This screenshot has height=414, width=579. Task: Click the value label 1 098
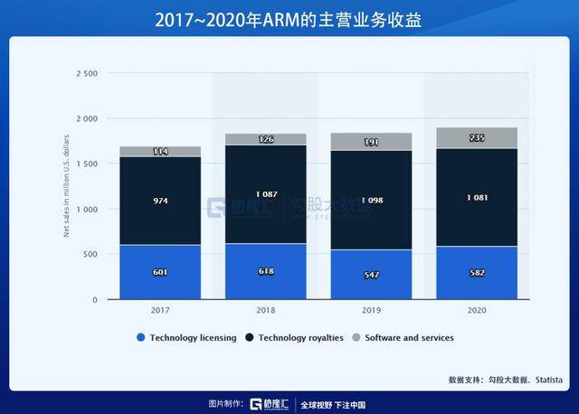(x=372, y=198)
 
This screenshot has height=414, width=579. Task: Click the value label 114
(x=160, y=151)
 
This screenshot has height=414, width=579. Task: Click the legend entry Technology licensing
(x=186, y=338)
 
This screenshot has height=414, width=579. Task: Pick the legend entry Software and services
(x=406, y=338)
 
